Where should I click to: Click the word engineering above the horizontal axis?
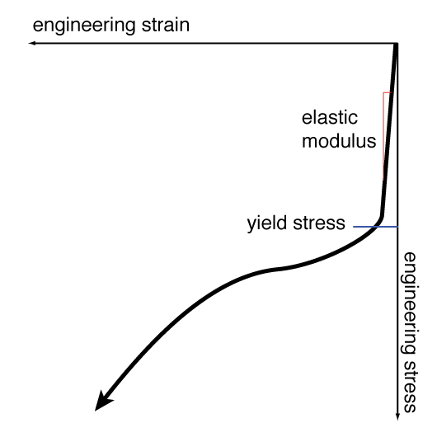click(x=83, y=26)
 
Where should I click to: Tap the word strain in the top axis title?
click(x=166, y=25)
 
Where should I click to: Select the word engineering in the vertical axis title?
click(x=410, y=303)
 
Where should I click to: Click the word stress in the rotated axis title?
click(x=410, y=387)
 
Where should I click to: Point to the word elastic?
click(x=330, y=118)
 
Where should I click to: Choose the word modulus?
click(x=339, y=141)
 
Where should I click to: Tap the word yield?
click(x=266, y=223)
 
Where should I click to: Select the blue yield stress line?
click(x=375, y=227)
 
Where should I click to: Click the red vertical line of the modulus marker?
click(x=383, y=136)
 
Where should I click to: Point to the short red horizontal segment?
click(x=388, y=92)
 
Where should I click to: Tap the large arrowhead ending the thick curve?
click(x=102, y=402)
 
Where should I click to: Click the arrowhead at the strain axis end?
click(x=32, y=43)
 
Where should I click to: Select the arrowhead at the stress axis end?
click(x=397, y=416)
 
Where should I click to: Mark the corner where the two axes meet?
click(x=397, y=44)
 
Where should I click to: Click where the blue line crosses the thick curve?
click(x=377, y=227)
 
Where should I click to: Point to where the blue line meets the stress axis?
click(x=397, y=227)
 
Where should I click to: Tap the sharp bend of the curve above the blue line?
click(x=382, y=216)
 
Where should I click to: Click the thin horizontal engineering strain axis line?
click(x=213, y=43)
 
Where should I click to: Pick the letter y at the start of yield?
click(x=251, y=226)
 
